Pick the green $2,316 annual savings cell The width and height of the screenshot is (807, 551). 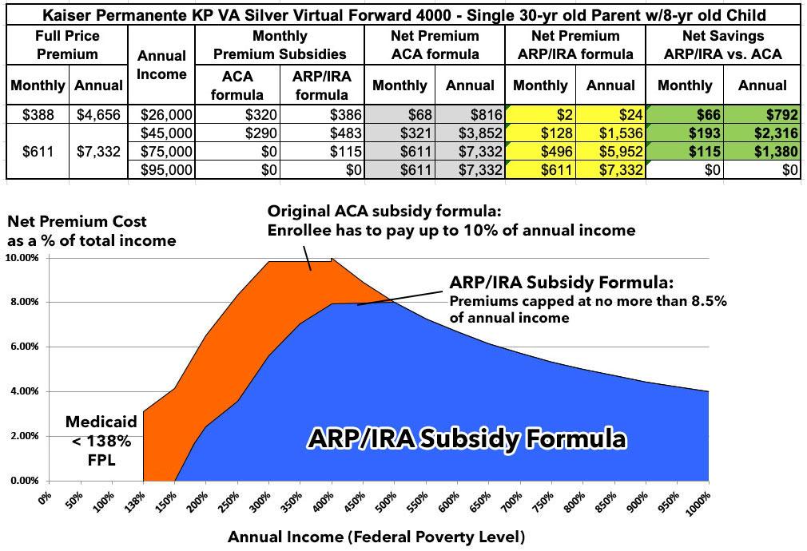tap(761, 132)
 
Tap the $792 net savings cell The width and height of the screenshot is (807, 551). tap(761, 114)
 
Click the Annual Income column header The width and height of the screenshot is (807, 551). tap(161, 65)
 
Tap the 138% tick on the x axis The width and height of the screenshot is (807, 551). tap(139, 503)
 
